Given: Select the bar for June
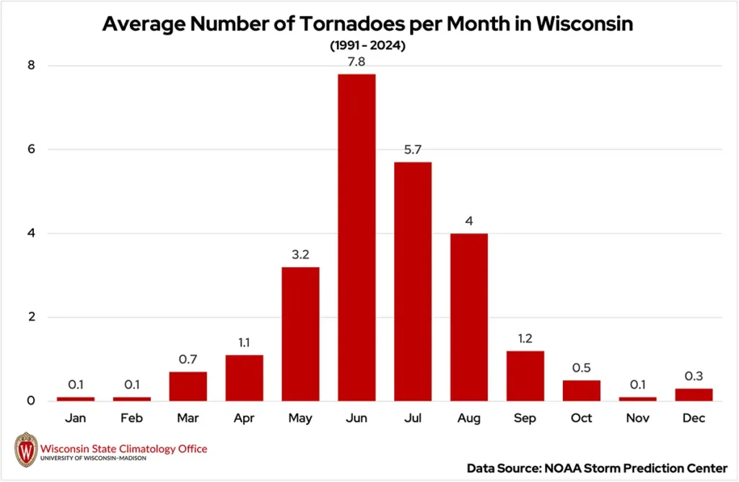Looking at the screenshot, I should pyautogui.click(x=357, y=237).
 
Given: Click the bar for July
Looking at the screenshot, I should pyautogui.click(x=413, y=281).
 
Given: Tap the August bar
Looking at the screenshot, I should pyautogui.click(x=469, y=317).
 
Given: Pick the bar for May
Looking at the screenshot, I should pyautogui.click(x=300, y=334).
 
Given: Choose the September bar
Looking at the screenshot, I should pyautogui.click(x=525, y=376).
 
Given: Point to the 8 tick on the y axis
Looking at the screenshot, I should pyautogui.click(x=31, y=66).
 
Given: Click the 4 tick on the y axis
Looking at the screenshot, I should pyautogui.click(x=31, y=234).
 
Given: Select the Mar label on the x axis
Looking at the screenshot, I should pyautogui.click(x=188, y=419).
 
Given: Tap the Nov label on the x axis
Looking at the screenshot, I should pyautogui.click(x=638, y=419).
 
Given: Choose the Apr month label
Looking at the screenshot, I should pyautogui.click(x=244, y=419).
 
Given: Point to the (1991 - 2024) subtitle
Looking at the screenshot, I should pyautogui.click(x=369, y=45).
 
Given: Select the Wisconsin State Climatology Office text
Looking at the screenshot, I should pyautogui.click(x=123, y=449).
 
